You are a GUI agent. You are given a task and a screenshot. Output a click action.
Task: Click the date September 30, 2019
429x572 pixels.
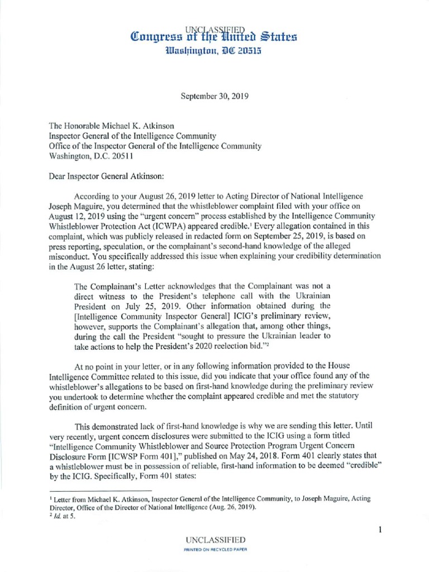click(214, 96)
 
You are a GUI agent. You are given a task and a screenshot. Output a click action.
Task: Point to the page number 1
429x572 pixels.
click(380, 530)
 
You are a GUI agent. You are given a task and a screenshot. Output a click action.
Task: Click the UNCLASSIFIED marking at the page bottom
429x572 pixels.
click(214, 540)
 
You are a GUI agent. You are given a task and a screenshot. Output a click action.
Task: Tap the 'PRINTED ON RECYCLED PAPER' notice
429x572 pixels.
click(214, 550)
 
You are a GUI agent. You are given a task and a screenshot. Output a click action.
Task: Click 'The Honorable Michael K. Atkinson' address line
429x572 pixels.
click(112, 126)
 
